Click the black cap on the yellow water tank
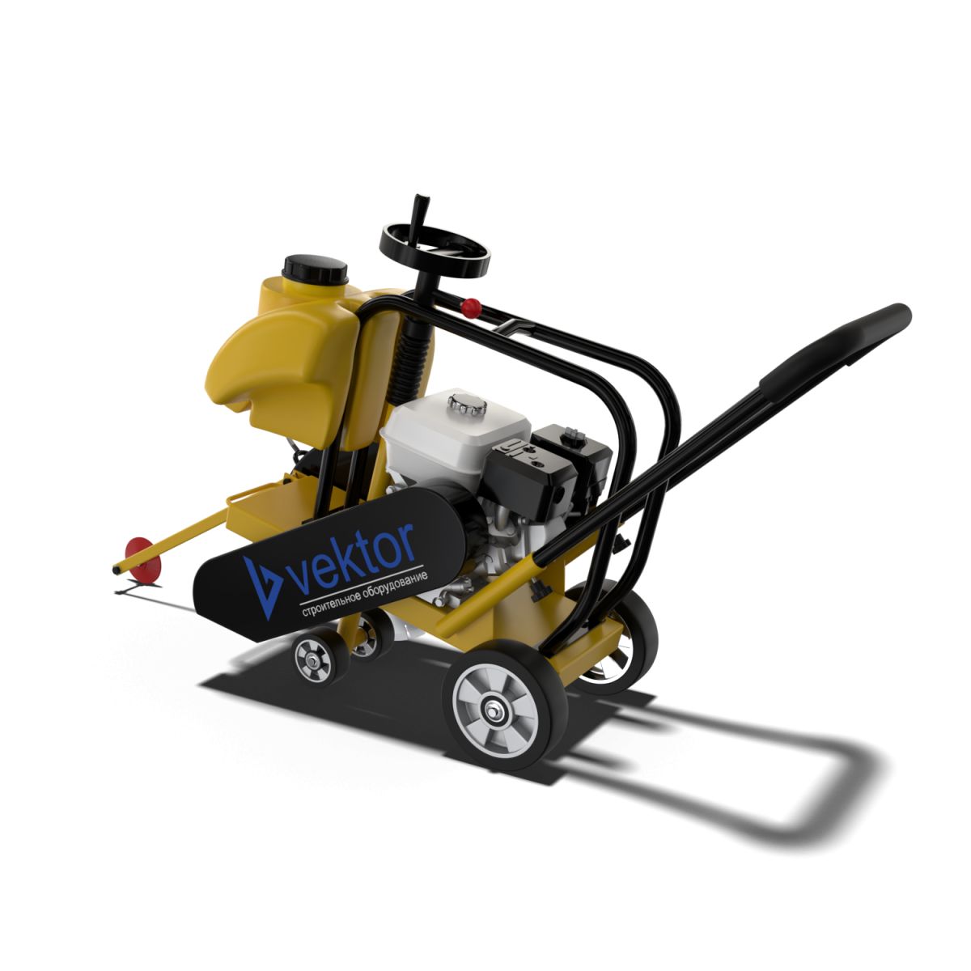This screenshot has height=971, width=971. click(316, 269)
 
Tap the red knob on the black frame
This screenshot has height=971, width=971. click(471, 307)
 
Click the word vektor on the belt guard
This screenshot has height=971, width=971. click(352, 558)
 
